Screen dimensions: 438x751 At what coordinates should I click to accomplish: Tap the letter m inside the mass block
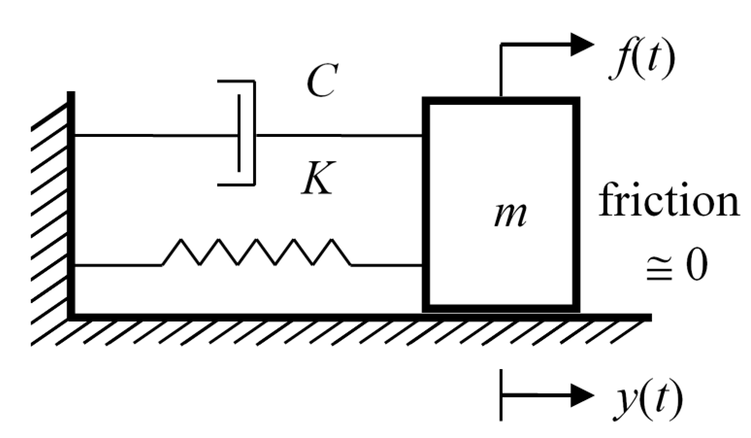tap(509, 215)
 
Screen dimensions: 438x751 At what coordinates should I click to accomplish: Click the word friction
tap(669, 200)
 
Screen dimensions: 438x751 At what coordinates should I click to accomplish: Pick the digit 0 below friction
tap(696, 266)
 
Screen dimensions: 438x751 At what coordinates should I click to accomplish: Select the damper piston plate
tap(239, 134)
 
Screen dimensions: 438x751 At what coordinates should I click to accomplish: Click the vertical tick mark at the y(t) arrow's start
tap(501, 395)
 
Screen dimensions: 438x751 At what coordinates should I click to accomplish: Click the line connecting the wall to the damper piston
tap(155, 135)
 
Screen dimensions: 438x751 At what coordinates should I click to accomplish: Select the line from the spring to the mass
tap(386, 265)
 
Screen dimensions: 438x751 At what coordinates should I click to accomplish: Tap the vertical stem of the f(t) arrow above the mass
tap(501, 70)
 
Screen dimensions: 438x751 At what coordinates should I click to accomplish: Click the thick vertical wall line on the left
tap(71, 204)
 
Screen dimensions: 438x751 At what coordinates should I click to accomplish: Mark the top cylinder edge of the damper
tap(236, 82)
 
